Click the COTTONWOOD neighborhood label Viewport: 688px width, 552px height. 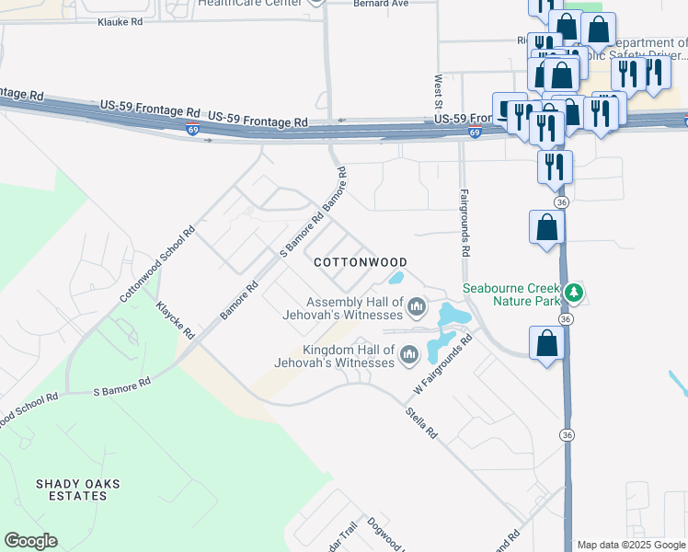point(360,262)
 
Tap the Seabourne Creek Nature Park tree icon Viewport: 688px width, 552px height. point(575,293)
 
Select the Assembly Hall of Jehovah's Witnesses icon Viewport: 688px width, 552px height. point(417,306)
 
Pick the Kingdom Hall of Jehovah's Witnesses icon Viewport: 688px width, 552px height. point(408,354)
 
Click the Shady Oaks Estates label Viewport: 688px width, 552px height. point(71,489)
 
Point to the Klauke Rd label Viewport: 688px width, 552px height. point(120,20)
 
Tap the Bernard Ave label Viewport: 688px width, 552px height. point(380,4)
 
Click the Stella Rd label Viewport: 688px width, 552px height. point(421,422)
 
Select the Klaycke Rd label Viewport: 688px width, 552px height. point(175,318)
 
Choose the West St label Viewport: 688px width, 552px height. point(440,89)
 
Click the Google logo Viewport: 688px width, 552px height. point(30,541)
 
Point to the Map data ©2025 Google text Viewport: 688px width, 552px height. point(631,545)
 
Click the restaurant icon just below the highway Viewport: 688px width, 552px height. point(555,167)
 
